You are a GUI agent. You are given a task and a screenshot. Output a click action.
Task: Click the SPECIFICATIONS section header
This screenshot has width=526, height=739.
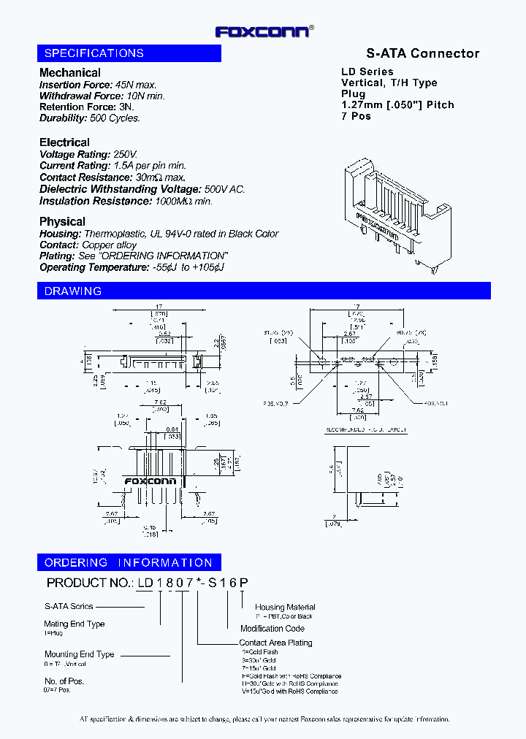coord(94,53)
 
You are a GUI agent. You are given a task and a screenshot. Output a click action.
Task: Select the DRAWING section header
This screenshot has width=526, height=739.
coord(73,291)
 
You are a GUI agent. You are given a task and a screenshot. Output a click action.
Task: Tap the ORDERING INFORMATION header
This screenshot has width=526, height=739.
coord(129,562)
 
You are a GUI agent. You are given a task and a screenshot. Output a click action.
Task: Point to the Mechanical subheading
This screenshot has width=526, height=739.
coord(70,72)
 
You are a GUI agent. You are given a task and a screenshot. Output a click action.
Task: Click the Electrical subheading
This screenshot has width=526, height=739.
coord(64,142)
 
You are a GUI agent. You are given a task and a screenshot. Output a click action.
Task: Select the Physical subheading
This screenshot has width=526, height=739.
coord(62,221)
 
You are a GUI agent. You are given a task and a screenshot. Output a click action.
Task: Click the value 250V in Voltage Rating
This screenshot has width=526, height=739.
coord(125,154)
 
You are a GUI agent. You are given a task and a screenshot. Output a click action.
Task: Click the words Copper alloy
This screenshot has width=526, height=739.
coord(109,245)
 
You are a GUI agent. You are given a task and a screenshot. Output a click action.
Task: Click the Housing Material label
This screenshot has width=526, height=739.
coord(285,607)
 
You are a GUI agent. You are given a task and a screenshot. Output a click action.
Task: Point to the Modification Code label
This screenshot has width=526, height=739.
coord(272,628)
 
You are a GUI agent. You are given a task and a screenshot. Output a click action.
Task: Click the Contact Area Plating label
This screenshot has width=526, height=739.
coord(275,643)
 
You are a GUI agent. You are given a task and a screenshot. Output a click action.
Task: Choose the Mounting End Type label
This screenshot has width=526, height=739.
coord(79,654)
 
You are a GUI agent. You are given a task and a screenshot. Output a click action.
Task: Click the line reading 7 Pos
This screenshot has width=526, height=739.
coord(357,116)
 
